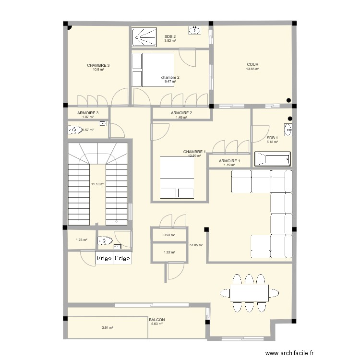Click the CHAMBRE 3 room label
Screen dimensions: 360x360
pyautogui.click(x=98, y=65)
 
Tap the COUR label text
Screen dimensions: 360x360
pyautogui.click(x=252, y=64)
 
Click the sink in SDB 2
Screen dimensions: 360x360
pyautogui.click(x=194, y=31)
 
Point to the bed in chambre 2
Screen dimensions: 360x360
pyautogui.click(x=153, y=70)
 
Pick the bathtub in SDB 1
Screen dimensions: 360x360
pyautogui.click(x=272, y=159)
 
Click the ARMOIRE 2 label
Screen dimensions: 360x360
pyautogui.click(x=181, y=113)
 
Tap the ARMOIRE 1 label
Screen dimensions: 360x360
pyautogui.click(x=229, y=161)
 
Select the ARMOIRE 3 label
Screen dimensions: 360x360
pyautogui.click(x=88, y=113)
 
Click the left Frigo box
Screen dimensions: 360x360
pyautogui.click(x=104, y=258)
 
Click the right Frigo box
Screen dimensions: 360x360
pyautogui.click(x=122, y=258)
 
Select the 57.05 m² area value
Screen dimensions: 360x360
pyautogui.click(x=196, y=245)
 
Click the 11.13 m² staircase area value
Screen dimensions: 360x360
pyautogui.click(x=98, y=184)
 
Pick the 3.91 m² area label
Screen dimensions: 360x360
pyautogui.click(x=107, y=328)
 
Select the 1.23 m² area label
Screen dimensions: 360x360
pyautogui.click(x=81, y=240)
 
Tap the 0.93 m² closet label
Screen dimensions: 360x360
pyautogui.click(x=169, y=235)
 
